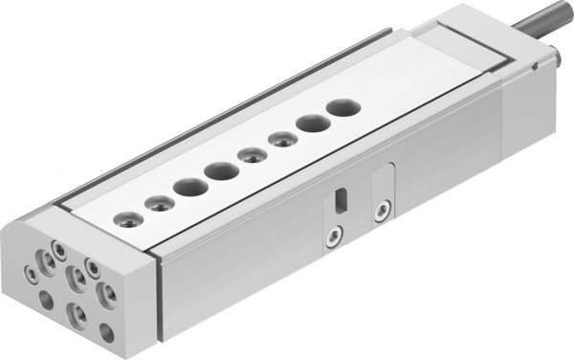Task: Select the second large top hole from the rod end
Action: [312, 124]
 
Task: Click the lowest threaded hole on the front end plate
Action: [77, 312]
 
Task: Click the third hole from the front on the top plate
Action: [186, 186]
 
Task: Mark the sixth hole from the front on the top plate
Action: [281, 140]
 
